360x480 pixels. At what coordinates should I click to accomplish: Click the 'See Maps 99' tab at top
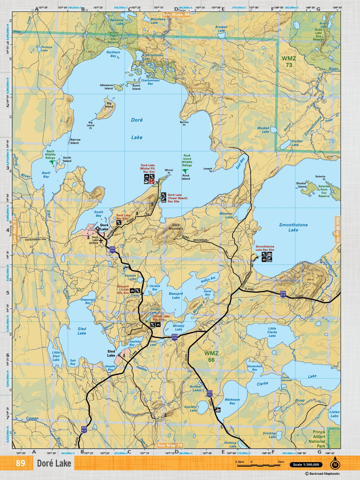pyautogui.click(x=176, y=14)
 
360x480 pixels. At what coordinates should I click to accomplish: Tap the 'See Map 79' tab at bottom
pyautogui.click(x=170, y=445)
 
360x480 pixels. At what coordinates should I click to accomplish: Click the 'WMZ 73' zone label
pyautogui.click(x=289, y=62)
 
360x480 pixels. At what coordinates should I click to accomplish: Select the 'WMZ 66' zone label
pyautogui.click(x=211, y=357)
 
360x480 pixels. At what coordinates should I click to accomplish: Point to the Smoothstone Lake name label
pyautogui.click(x=293, y=227)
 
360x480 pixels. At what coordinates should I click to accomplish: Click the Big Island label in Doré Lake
pyautogui.click(x=109, y=105)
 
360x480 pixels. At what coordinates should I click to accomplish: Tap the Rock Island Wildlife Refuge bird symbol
pyautogui.click(x=186, y=171)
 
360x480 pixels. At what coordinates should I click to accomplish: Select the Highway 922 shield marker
pyautogui.click(x=210, y=394)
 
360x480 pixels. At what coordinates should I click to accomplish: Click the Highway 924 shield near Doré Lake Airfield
pyautogui.click(x=112, y=249)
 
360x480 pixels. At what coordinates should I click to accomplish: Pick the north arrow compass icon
pyautogui.click(x=335, y=464)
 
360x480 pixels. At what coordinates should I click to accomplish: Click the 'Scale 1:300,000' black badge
pyautogui.click(x=306, y=465)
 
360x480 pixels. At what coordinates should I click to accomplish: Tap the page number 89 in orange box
pyautogui.click(x=20, y=463)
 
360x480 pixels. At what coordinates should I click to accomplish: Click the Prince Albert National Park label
pyautogui.click(x=319, y=439)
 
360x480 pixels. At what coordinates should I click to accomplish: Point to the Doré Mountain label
pyautogui.click(x=176, y=227)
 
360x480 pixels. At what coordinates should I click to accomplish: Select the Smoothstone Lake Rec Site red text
pyautogui.click(x=265, y=248)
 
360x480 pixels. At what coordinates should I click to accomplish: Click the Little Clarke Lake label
pyautogui.click(x=272, y=332)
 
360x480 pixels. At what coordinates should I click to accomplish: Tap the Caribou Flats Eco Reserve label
pyautogui.click(x=113, y=37)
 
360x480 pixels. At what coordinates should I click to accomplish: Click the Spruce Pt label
pyautogui.click(x=184, y=123)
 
